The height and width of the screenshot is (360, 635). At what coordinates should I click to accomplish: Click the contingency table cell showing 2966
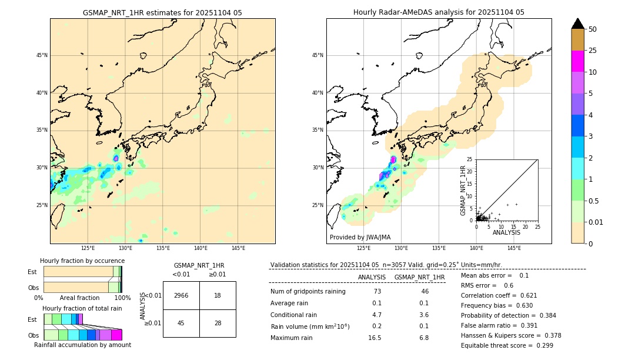tap(181, 295)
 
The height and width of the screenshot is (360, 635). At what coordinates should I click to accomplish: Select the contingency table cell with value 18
tap(218, 295)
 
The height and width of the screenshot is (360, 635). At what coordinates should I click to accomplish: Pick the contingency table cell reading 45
tap(181, 323)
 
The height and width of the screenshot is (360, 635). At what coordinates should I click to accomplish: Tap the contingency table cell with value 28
tap(218, 323)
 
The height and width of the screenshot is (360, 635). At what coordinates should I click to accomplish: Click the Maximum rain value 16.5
tap(375, 338)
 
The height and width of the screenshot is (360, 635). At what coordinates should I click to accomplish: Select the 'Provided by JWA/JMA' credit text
tap(360, 237)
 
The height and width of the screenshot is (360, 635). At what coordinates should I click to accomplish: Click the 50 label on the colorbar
tap(593, 29)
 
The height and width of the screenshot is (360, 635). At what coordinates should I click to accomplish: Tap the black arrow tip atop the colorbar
tap(578, 22)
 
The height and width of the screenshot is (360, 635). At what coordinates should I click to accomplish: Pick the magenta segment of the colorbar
tap(578, 61)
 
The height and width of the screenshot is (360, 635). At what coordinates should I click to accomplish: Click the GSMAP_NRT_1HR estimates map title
tap(162, 12)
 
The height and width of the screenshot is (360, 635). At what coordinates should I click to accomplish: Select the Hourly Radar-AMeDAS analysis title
tap(439, 12)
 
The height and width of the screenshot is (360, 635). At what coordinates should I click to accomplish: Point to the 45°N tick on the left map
tap(42, 55)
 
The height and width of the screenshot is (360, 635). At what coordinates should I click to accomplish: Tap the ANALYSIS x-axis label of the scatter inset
tap(506, 232)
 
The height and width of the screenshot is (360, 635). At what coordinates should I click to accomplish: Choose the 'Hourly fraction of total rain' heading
tap(82, 308)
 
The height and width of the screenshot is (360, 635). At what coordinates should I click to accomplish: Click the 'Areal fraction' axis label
tap(79, 298)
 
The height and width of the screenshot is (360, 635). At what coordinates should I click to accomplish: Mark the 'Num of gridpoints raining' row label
tap(308, 292)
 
